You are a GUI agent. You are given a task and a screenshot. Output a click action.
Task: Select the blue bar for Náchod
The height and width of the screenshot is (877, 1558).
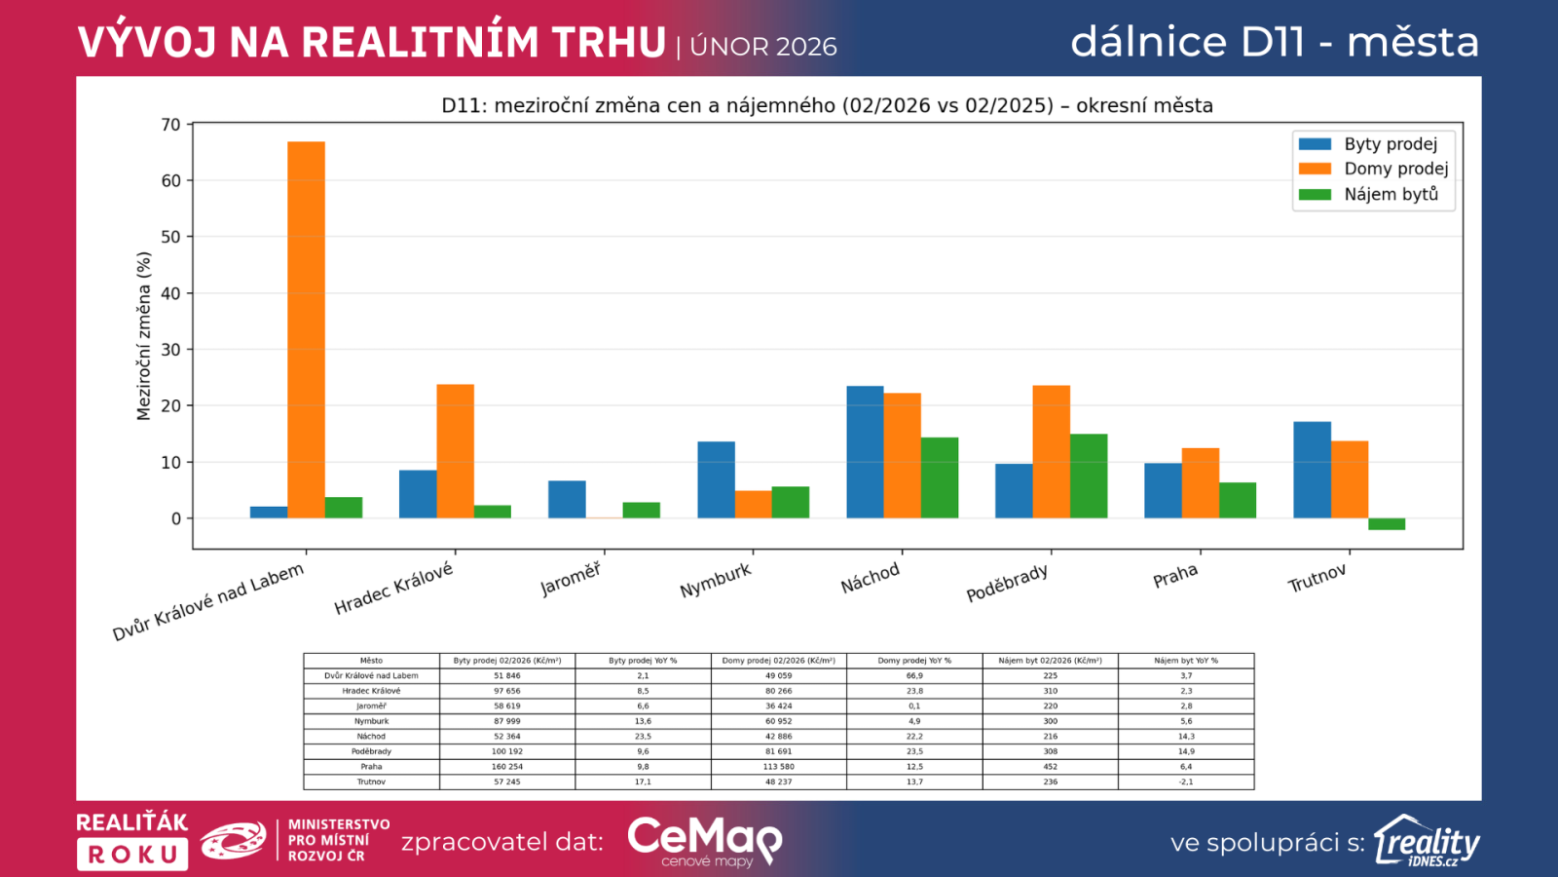865,452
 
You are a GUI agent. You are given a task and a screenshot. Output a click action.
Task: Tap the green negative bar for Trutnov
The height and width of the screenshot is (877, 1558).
1387,524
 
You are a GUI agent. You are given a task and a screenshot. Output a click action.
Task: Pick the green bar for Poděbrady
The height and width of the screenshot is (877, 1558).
1089,477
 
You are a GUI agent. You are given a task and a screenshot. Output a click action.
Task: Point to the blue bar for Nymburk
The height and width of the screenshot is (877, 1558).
716,479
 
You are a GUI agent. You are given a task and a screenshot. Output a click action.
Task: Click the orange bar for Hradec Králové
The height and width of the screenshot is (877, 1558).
455,451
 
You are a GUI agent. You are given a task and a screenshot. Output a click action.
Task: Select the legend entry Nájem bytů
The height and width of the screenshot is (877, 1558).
1391,194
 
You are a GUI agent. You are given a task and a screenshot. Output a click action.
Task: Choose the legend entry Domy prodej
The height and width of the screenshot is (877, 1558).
1395,169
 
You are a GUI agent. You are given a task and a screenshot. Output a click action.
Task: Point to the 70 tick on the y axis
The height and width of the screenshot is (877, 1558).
171,125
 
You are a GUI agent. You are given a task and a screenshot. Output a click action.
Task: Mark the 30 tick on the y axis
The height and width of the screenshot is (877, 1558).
171,350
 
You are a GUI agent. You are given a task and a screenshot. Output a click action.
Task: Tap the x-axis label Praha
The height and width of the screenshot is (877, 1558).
1175,576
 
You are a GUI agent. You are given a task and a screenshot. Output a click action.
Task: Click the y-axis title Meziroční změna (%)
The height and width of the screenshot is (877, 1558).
144,335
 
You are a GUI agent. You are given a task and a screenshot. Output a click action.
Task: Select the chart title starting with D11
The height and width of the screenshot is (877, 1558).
827,105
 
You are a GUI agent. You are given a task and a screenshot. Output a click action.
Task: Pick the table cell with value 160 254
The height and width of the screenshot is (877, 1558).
507,767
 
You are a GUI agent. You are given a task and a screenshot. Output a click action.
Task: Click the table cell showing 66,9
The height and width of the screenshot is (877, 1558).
914,675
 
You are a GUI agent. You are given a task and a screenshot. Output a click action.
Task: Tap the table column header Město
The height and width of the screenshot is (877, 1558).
371,661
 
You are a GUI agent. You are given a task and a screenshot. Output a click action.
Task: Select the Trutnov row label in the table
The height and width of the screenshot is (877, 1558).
371,782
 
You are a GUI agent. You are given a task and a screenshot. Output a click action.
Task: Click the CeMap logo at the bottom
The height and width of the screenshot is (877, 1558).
704,840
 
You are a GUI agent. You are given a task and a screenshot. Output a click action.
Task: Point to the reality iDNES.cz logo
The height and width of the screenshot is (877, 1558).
1427,841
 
